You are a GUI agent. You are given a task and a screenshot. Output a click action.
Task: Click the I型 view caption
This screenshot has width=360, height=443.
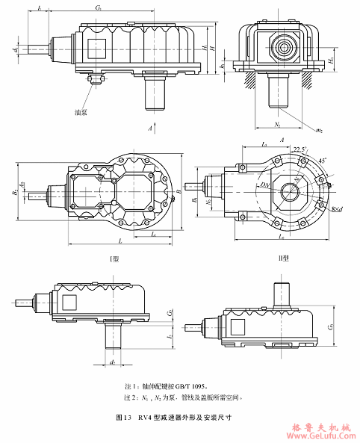tap(117, 258)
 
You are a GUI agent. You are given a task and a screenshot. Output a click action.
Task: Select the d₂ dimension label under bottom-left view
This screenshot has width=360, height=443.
tap(112, 363)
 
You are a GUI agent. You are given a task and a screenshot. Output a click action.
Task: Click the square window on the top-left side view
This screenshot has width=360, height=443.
tap(97, 47)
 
